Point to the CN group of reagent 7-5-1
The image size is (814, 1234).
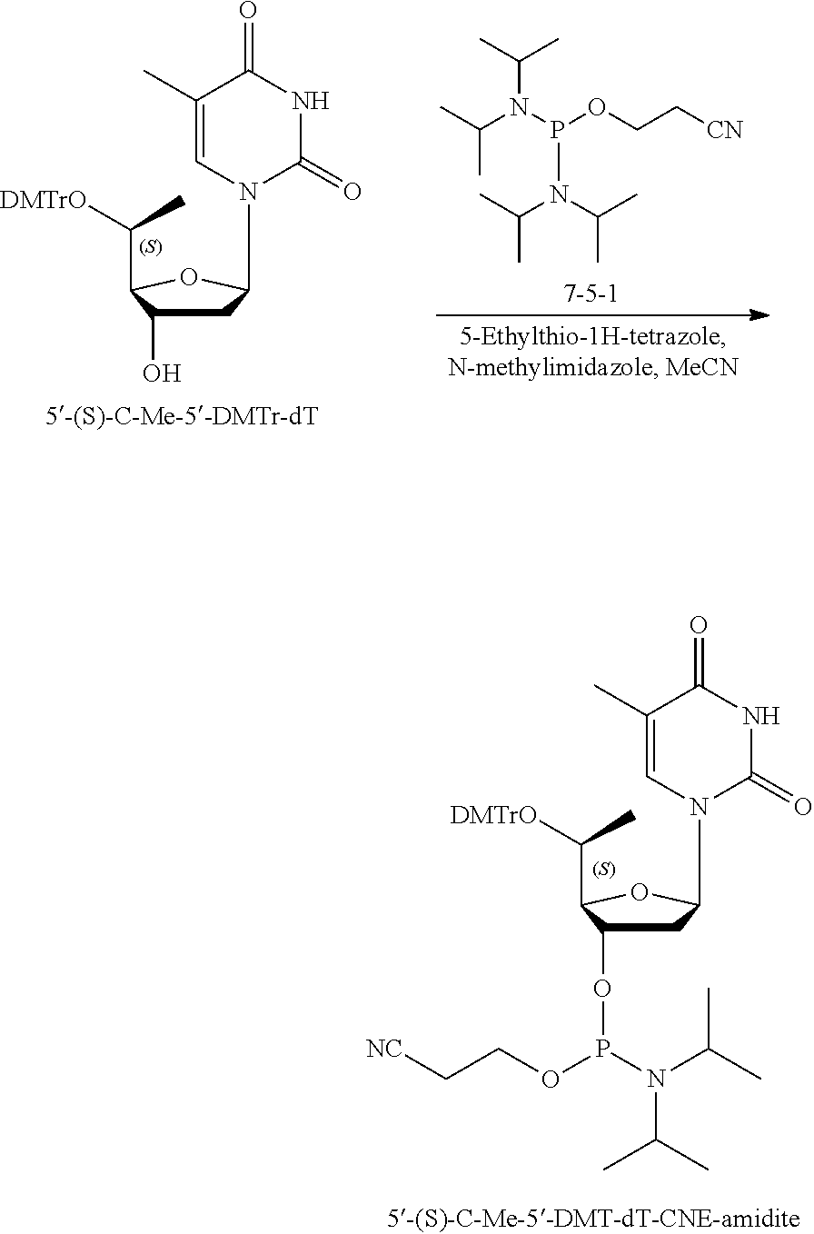724,131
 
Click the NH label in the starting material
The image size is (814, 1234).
310,101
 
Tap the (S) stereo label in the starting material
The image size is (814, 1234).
150,249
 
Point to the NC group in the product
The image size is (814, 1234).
384,1050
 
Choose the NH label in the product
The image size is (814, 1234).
760,717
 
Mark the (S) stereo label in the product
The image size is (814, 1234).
602,870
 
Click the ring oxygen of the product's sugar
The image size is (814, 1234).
640,893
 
